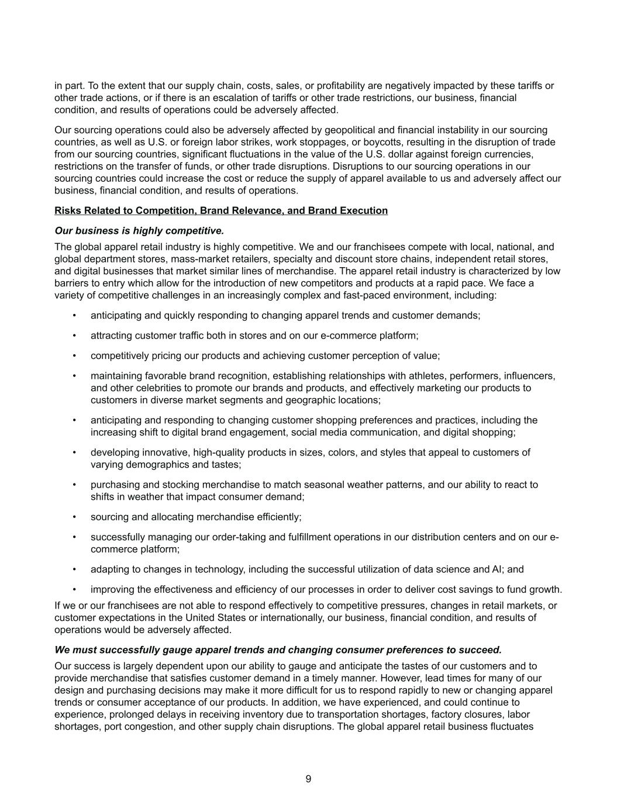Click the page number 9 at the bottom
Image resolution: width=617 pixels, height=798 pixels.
click(308, 779)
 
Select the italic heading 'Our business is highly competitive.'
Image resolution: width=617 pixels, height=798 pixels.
click(139, 230)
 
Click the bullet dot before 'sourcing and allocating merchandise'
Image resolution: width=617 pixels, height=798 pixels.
click(74, 517)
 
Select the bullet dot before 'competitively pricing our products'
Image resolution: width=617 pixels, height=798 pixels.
click(74, 355)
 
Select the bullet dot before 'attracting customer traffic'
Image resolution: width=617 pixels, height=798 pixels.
click(74, 336)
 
